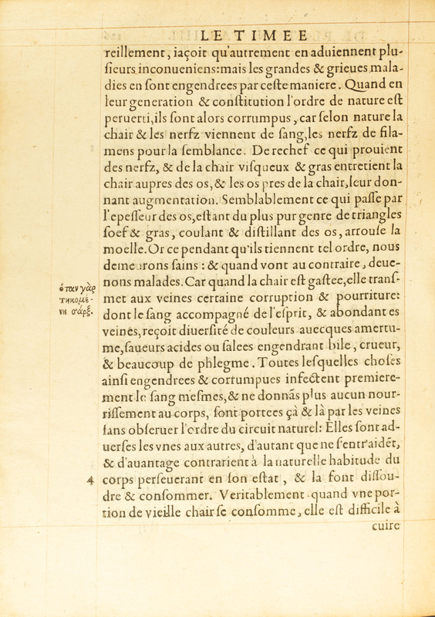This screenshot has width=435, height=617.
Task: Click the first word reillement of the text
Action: pos(136,53)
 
